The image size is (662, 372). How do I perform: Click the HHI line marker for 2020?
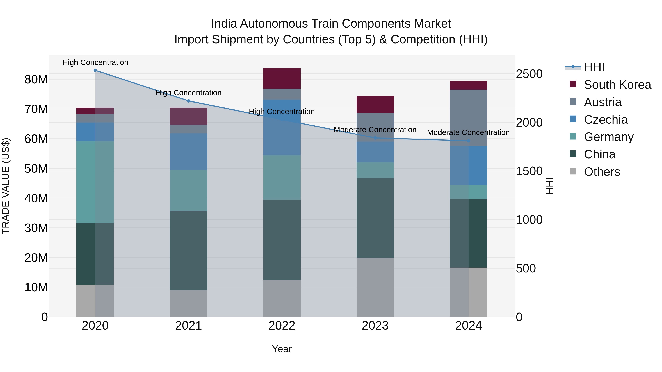pyautogui.click(x=95, y=70)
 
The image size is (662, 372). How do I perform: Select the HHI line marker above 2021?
pyautogui.click(x=188, y=101)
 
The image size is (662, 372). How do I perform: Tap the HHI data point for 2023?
pyautogui.click(x=375, y=138)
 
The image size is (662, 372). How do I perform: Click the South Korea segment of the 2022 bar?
pyautogui.click(x=282, y=79)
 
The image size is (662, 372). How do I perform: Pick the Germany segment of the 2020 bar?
pyautogui.click(x=95, y=182)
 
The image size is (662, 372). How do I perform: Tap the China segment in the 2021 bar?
pyautogui.click(x=188, y=251)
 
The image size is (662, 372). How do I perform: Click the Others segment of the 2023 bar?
pyautogui.click(x=375, y=287)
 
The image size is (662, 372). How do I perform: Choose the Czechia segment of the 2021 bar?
pyautogui.click(x=188, y=152)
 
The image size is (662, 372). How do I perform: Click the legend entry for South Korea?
pyautogui.click(x=617, y=85)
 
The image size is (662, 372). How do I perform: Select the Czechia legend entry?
pyautogui.click(x=606, y=120)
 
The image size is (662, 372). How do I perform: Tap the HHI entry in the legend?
pyautogui.click(x=594, y=67)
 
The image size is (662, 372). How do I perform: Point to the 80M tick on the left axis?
pyautogui.click(x=36, y=80)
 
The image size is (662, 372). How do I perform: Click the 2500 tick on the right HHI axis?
pyautogui.click(x=529, y=74)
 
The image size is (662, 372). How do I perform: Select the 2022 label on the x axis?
pyautogui.click(x=282, y=326)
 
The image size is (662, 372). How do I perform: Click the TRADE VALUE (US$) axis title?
pyautogui.click(x=6, y=186)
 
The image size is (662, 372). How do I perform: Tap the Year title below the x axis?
pyautogui.click(x=282, y=349)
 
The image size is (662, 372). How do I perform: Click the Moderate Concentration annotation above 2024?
pyautogui.click(x=468, y=132)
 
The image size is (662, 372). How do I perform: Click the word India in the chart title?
pyautogui.click(x=224, y=24)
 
